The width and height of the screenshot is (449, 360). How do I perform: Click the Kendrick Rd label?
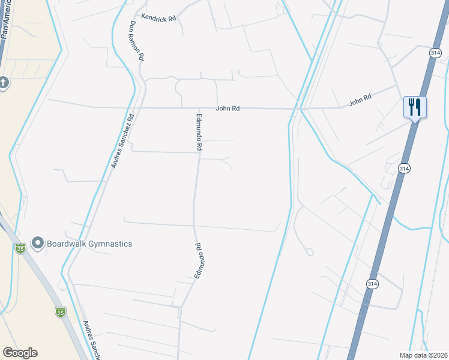coord(158,19)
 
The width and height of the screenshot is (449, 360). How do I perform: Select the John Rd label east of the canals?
coord(360,100)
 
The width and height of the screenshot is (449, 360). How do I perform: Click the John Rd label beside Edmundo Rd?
coord(228,109)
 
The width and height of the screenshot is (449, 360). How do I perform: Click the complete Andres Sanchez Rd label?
coord(122,142)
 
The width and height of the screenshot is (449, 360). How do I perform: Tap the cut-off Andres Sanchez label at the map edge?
coord(91,339)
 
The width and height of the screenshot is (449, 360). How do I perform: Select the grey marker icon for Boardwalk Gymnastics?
coord(38,243)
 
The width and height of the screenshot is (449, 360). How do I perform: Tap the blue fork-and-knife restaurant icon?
coord(415,107)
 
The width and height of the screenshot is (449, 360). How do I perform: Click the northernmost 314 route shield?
coord(436,53)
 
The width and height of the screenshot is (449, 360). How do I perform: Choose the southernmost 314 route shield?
coord(372,283)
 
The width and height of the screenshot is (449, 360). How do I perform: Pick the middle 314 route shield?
coord(404,169)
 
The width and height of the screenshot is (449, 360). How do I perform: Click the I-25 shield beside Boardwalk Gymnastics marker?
coord(20,248)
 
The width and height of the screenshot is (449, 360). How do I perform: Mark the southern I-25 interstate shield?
coord(61,311)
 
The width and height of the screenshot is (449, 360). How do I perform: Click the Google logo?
coord(20,353)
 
